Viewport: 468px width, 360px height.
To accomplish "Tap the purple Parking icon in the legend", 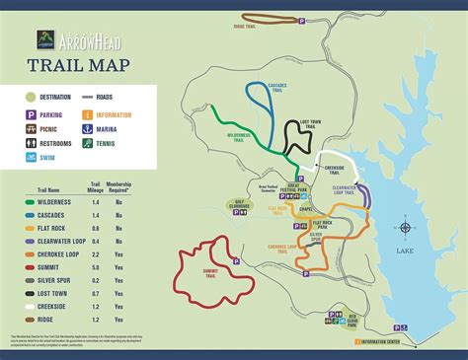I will coord(33,113).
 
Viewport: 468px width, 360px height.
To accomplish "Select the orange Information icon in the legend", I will coord(89,113).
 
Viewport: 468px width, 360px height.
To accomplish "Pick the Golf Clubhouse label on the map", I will coord(230,206).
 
